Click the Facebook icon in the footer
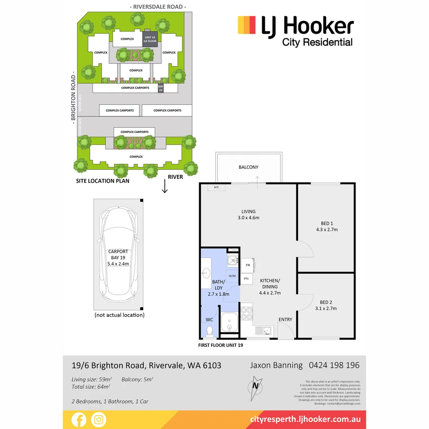click(x=79, y=419)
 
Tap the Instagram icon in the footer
click(x=98, y=419)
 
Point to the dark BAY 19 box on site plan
click(x=161, y=88)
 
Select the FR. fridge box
click(x=248, y=265)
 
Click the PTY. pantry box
click(x=246, y=279)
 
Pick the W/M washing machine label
click(x=232, y=275)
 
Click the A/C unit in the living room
click(x=216, y=187)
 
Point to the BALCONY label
click(x=249, y=167)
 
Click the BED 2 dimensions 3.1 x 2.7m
click(x=325, y=308)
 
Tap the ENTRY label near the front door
click(x=285, y=319)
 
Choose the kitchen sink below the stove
click(x=263, y=330)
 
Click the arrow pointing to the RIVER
click(x=165, y=187)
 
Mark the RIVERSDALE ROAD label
click(x=158, y=7)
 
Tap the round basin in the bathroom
click(x=206, y=273)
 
